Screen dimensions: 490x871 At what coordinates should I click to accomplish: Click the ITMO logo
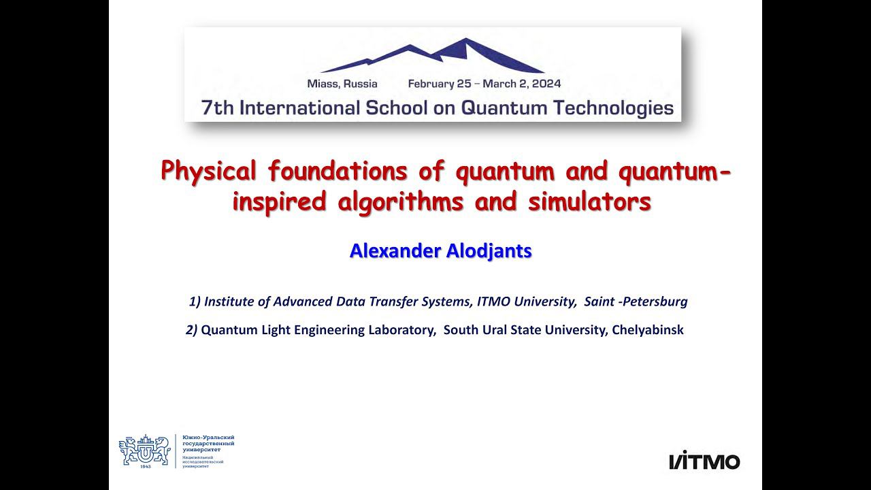(x=704, y=461)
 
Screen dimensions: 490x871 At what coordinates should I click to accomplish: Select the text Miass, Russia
(x=342, y=84)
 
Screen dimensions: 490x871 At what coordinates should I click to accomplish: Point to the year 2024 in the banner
(x=547, y=84)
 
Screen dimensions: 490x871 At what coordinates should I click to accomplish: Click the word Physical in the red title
(x=209, y=171)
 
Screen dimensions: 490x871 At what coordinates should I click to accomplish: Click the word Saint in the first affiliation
(x=598, y=301)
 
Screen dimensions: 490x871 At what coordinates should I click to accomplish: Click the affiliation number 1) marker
(x=195, y=301)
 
